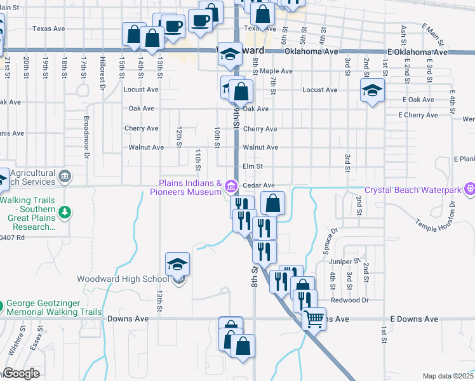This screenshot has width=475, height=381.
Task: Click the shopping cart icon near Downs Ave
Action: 314,319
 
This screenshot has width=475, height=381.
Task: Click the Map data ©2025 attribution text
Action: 447,376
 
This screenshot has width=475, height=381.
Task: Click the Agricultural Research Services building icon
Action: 64,175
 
